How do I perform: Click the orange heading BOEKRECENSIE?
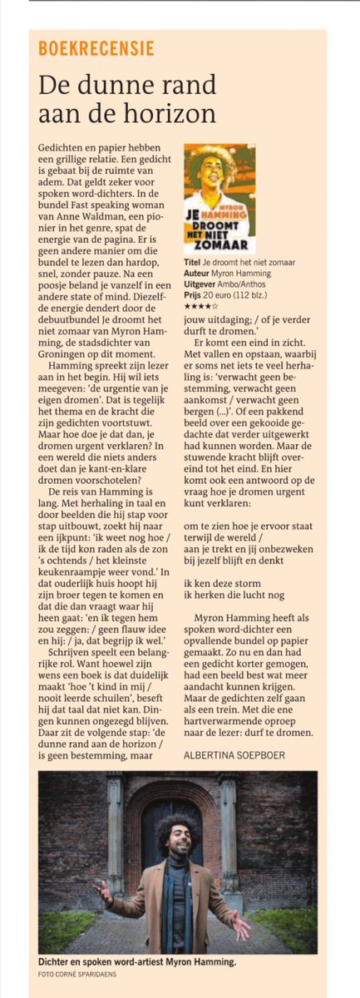click(96, 48)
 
